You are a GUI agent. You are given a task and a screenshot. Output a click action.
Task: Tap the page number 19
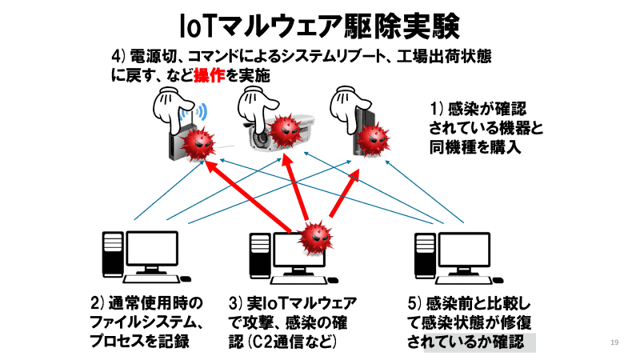pyautogui.click(x=614, y=343)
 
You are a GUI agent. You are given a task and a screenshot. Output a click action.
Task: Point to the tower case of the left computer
pyautogui.click(x=113, y=254)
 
